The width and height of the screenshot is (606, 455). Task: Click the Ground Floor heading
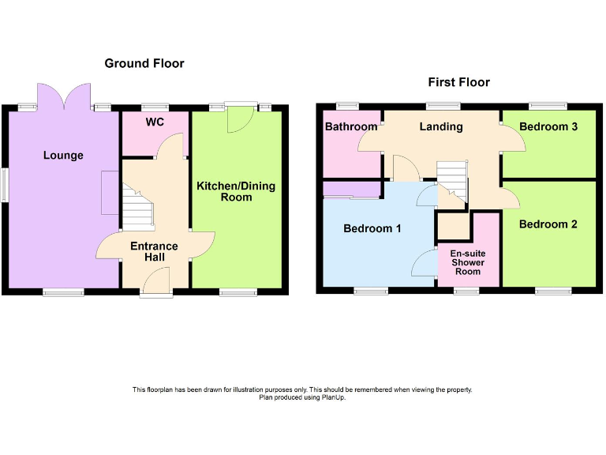coord(144,63)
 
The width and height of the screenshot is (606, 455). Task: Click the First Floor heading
coord(458,82)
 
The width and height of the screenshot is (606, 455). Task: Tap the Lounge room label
coord(63,156)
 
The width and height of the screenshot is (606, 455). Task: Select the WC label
coord(155,122)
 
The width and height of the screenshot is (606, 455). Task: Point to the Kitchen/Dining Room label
coord(236,191)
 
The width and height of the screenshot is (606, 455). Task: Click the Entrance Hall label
coord(154,251)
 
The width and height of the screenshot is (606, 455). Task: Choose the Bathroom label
coord(351,126)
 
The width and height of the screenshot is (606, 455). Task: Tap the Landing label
coord(441,126)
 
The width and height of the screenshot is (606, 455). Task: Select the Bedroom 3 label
coord(548,126)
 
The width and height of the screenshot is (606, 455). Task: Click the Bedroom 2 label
coord(548,224)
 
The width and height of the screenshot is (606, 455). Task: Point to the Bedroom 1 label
coord(372,229)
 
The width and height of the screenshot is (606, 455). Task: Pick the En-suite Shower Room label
coord(467,262)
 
